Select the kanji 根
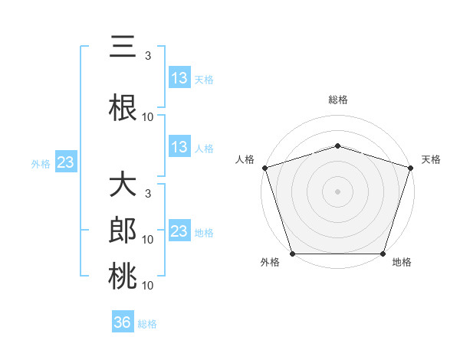(123, 104)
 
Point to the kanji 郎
(123, 229)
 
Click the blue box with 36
(123, 322)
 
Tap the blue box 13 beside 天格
(179, 78)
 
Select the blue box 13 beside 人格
(179, 147)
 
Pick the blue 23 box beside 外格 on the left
(65, 162)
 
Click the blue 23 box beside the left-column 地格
(179, 231)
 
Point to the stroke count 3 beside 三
(148, 56)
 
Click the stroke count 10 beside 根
(148, 116)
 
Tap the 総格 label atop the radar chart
(338, 100)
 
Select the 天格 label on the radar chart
(432, 159)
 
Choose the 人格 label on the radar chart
(245, 159)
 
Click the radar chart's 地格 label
(402, 262)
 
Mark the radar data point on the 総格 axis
(338, 146)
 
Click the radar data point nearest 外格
(292, 254)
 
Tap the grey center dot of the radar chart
(338, 191)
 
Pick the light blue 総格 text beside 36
(148, 324)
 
